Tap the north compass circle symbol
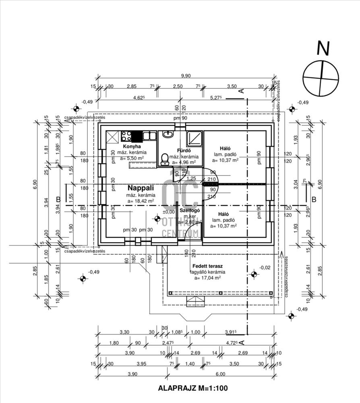pos(320,77)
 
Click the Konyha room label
pos(132,146)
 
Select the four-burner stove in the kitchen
pos(126,135)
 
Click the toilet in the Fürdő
pos(164,159)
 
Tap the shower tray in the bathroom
pos(195,138)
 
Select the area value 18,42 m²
pos(141,201)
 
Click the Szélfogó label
pos(188,211)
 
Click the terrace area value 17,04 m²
pos(208,278)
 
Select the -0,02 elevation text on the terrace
pos(265,267)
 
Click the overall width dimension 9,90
pos(186,76)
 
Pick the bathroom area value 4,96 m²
pos(184,162)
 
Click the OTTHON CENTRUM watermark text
pos(180,227)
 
